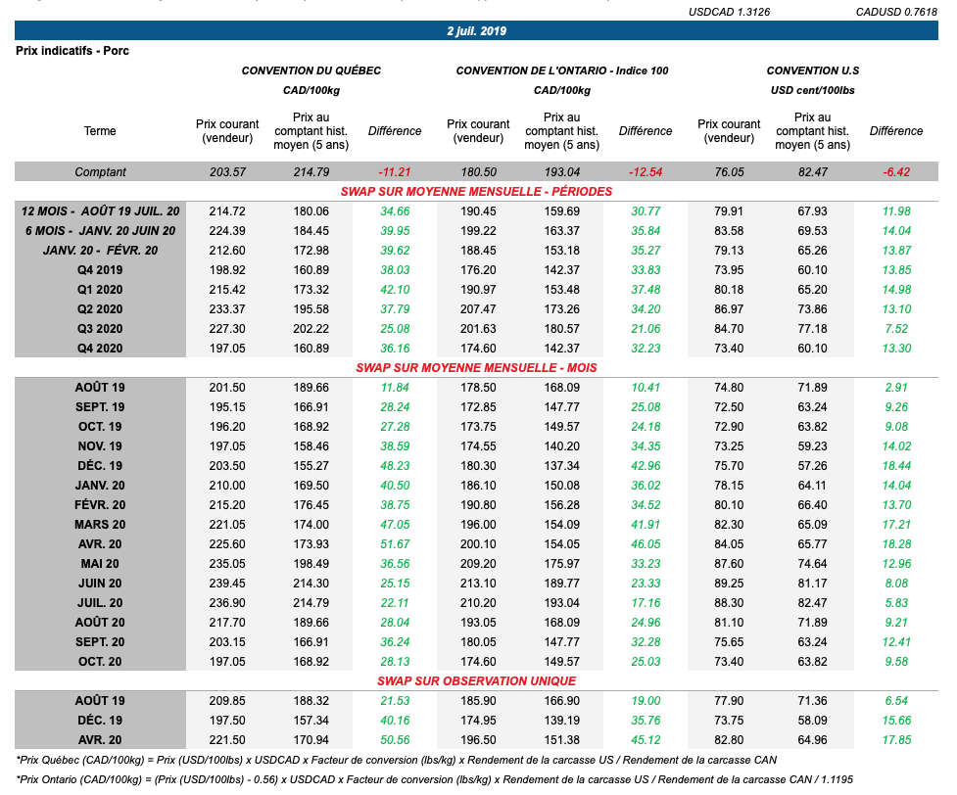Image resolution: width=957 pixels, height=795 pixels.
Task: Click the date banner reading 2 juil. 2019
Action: click(477, 31)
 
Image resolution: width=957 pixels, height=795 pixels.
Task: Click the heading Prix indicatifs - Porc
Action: click(72, 51)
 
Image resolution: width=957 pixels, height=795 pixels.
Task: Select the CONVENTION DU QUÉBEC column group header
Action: click(311, 70)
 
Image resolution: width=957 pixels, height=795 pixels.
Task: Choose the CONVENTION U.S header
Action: click(812, 70)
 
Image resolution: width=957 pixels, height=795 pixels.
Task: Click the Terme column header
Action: click(100, 131)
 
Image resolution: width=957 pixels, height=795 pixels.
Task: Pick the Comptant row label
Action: click(100, 172)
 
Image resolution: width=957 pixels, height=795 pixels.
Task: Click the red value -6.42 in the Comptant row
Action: click(895, 172)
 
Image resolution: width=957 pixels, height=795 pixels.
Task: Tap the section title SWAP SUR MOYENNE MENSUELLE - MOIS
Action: click(476, 368)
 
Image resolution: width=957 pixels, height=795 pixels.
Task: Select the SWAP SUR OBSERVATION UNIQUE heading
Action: click(476, 680)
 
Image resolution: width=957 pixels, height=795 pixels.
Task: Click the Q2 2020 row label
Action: click(100, 309)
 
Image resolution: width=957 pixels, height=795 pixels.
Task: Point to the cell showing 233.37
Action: click(227, 309)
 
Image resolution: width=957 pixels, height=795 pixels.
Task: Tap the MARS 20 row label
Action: click(100, 525)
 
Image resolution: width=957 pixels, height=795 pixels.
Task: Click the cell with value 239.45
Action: click(227, 584)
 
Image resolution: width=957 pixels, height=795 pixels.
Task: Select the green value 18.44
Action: click(895, 466)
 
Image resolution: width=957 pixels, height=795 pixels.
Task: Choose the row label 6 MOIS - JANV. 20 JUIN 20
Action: click(100, 231)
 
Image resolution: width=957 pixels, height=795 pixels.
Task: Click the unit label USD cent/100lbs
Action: click(812, 90)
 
